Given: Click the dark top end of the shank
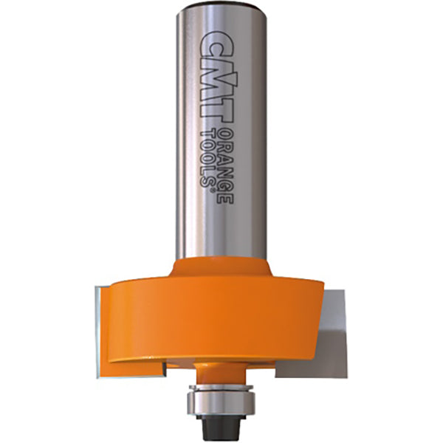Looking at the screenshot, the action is click(x=221, y=5).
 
